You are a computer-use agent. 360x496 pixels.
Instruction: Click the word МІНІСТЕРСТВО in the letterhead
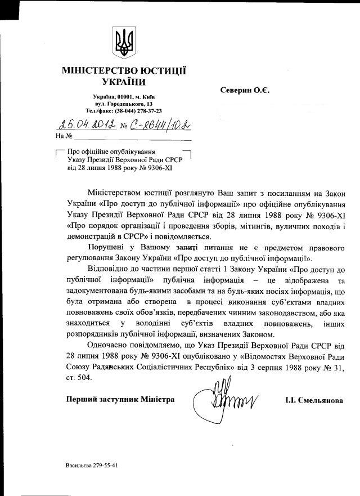point(101,71)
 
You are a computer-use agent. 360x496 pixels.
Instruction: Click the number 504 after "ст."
point(82,378)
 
